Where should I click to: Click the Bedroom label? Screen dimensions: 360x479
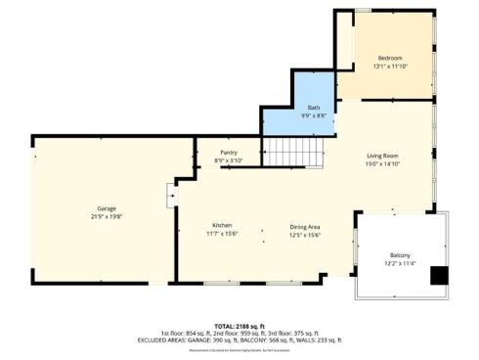tap(391, 58)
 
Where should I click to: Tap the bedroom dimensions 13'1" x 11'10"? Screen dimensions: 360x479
tap(391, 67)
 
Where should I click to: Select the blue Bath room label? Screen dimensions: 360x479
tap(314, 108)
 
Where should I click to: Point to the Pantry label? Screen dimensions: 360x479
tap(228, 153)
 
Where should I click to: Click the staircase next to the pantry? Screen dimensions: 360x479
tap(293, 152)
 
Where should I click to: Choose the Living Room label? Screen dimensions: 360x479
tap(383, 156)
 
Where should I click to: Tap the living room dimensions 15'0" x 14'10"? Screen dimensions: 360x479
tap(383, 164)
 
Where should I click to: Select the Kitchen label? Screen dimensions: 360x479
tap(222, 225)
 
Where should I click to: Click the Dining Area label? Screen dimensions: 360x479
tap(306, 225)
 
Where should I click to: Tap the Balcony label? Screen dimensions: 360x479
tap(400, 254)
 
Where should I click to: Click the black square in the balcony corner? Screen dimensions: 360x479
tap(440, 276)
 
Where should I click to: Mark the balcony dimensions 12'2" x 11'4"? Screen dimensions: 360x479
tap(400, 263)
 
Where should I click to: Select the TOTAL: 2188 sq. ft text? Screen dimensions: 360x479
tap(239, 325)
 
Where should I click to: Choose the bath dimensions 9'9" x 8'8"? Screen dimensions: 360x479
tap(314, 116)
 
